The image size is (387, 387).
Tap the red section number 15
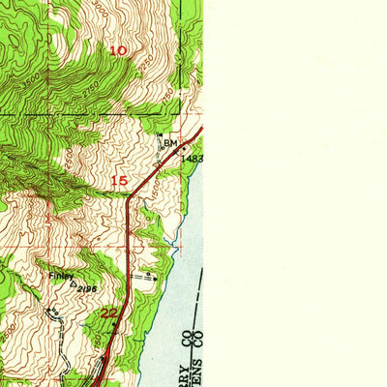[118, 181]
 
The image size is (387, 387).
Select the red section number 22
[110, 313]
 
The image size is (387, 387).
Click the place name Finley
[62, 275]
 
